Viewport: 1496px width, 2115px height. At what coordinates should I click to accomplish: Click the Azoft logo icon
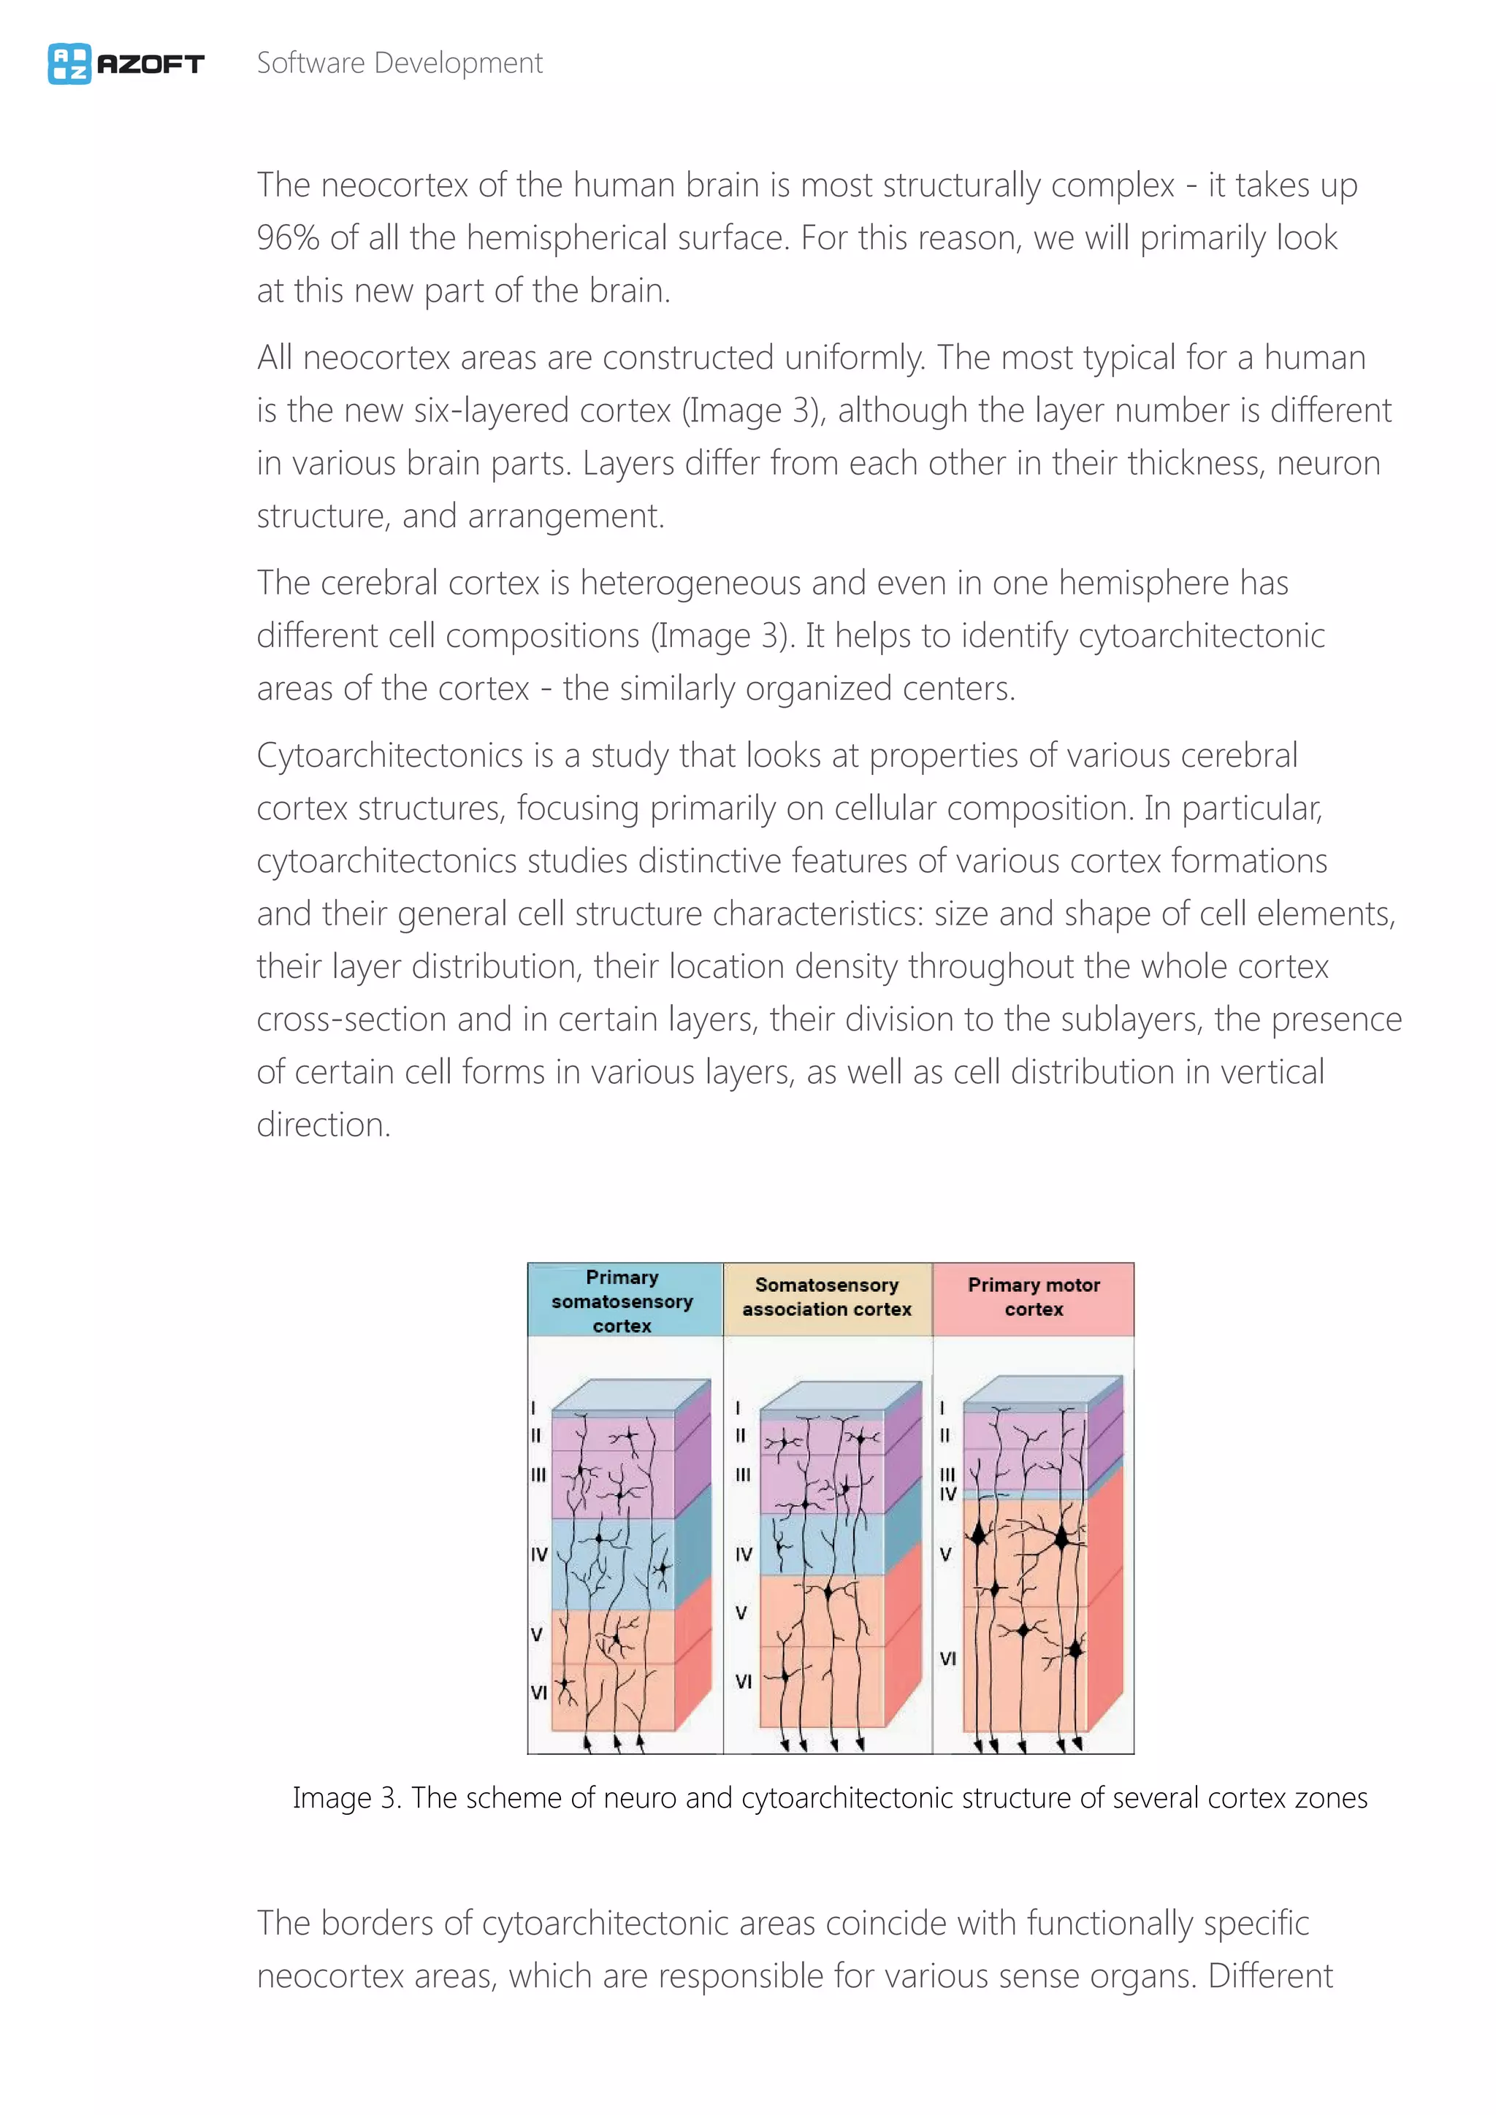[x=69, y=64]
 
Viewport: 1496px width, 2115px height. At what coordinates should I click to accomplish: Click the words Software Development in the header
[x=399, y=64]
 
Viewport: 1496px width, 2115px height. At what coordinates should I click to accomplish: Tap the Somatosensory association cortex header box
[x=827, y=1297]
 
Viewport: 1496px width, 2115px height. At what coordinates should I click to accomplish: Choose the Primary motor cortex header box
[x=1034, y=1297]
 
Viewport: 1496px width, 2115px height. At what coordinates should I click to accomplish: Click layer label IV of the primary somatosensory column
[x=539, y=1555]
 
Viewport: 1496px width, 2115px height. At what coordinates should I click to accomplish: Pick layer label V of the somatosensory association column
[x=741, y=1613]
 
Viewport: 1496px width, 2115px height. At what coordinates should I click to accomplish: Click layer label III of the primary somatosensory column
[x=538, y=1475]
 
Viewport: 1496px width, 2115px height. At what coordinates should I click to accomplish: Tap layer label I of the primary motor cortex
[x=942, y=1407]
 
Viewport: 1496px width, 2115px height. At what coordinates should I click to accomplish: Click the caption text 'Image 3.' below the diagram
[x=346, y=1797]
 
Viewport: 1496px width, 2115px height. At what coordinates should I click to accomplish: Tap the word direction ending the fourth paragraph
[x=322, y=1125]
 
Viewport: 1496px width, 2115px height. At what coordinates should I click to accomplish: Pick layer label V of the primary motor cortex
[x=945, y=1555]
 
